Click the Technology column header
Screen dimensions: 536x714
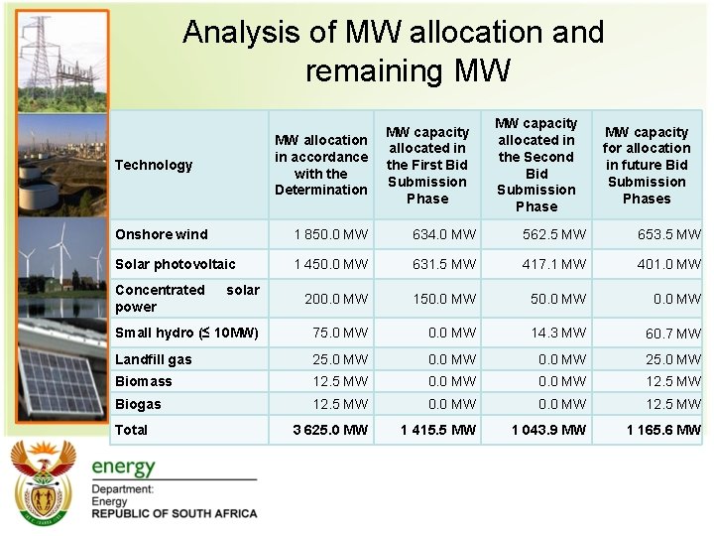click(x=154, y=165)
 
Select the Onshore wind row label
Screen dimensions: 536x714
click(x=162, y=234)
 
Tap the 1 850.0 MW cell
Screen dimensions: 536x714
click(x=330, y=234)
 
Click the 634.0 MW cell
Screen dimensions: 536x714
click(x=438, y=234)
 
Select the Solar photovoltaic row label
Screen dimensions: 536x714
click(x=176, y=264)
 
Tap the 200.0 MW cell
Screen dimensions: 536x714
click(x=335, y=299)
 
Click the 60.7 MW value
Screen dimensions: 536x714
click(x=673, y=334)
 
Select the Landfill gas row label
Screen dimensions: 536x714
click(x=154, y=359)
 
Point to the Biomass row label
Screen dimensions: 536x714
click(x=144, y=381)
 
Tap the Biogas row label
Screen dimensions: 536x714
click(x=138, y=404)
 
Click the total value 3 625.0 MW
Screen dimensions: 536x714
click(x=330, y=430)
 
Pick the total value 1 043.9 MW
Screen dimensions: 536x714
click(x=548, y=430)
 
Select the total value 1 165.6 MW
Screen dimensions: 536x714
click(x=663, y=430)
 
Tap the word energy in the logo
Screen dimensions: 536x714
click(x=124, y=467)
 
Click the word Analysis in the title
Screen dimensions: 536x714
click(x=241, y=33)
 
